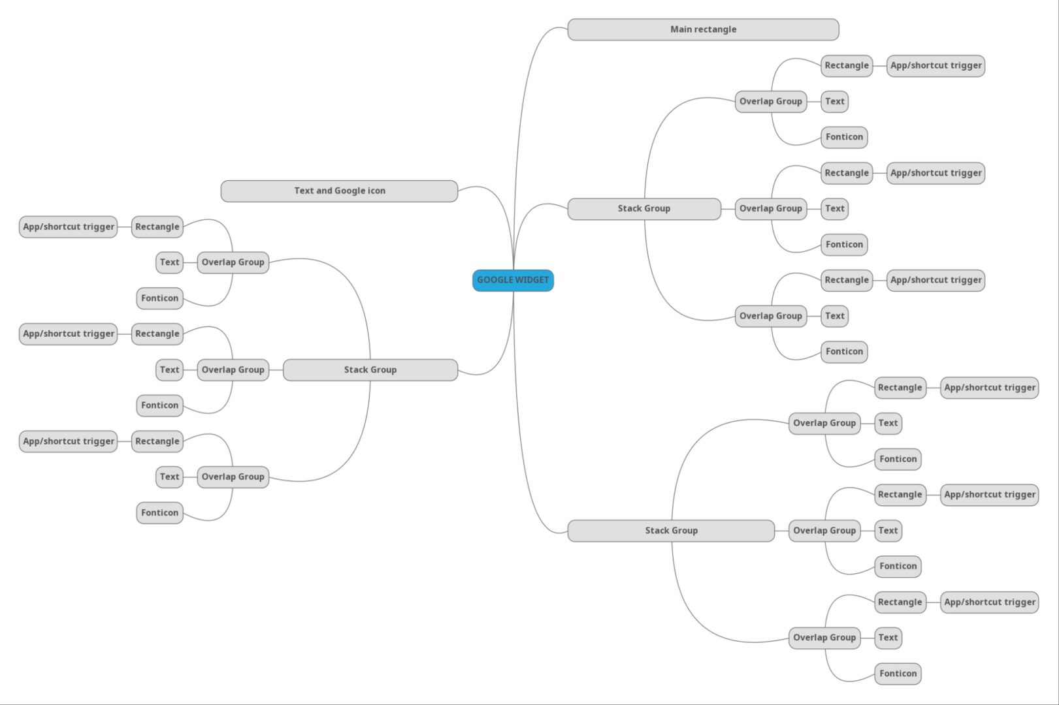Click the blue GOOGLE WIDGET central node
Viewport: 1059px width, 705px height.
[513, 281]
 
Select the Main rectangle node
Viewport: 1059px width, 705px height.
[703, 29]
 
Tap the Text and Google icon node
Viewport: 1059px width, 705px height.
[339, 191]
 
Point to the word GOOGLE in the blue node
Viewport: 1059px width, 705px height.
[494, 280]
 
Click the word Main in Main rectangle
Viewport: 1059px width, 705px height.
[681, 29]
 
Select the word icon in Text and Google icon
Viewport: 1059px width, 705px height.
[376, 191]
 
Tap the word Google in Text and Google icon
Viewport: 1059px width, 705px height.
[350, 191]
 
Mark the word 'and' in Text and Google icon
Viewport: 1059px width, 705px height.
[324, 191]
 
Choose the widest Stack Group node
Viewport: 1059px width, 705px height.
[671, 531]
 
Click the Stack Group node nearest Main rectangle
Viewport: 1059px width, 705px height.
[644, 209]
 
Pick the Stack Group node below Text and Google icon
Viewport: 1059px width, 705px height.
[370, 370]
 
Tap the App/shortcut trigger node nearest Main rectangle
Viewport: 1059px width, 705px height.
[936, 66]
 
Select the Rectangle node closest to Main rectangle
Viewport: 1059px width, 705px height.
[847, 66]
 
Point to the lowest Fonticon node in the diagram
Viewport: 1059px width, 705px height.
[898, 674]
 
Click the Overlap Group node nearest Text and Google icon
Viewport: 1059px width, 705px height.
[233, 262]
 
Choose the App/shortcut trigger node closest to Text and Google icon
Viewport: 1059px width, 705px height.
[69, 227]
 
